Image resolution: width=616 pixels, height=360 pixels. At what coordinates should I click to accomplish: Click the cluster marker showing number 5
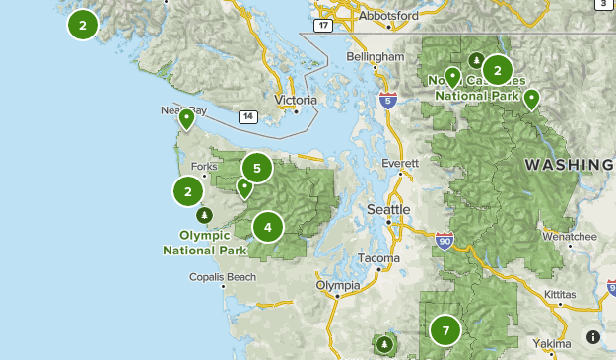pyautogui.click(x=256, y=169)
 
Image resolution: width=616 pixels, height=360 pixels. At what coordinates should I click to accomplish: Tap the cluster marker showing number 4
pyautogui.click(x=267, y=228)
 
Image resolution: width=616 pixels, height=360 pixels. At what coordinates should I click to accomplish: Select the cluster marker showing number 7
pyautogui.click(x=445, y=330)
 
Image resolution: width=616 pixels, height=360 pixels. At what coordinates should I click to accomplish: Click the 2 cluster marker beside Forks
pyautogui.click(x=188, y=191)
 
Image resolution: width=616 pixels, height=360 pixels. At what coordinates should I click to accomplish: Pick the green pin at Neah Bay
pyautogui.click(x=185, y=120)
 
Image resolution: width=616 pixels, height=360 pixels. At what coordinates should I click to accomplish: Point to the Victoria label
pyautogui.click(x=296, y=101)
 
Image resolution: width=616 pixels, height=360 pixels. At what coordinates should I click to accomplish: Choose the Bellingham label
pyautogui.click(x=376, y=58)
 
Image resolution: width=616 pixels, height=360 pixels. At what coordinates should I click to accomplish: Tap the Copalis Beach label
pyautogui.click(x=223, y=277)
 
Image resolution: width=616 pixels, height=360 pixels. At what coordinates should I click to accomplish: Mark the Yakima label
pyautogui.click(x=551, y=343)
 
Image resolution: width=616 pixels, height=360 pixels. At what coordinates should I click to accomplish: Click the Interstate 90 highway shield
pyautogui.click(x=445, y=241)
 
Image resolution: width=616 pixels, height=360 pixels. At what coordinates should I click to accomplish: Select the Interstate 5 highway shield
pyautogui.click(x=387, y=99)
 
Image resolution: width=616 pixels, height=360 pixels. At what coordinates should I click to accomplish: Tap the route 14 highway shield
pyautogui.click(x=246, y=117)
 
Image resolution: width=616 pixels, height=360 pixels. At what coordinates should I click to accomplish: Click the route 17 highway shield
pyautogui.click(x=322, y=25)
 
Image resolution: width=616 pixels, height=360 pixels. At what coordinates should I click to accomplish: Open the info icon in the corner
pyautogui.click(x=593, y=337)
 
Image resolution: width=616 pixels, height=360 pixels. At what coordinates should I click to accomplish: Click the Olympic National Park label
pyautogui.click(x=205, y=243)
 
